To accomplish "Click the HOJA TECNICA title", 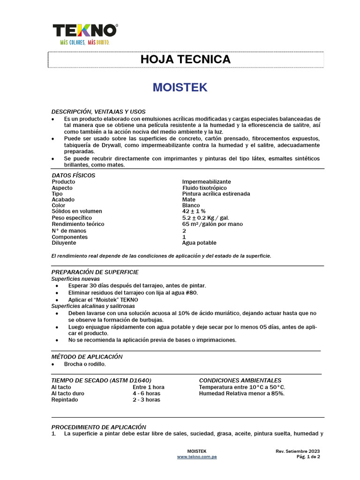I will (x=186, y=60).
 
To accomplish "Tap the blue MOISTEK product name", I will (x=180, y=88).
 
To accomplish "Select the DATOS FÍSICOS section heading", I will (x=74, y=175).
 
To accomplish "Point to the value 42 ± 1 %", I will (x=194, y=212).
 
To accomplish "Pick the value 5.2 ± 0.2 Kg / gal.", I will (x=205, y=218).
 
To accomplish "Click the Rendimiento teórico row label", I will (x=78, y=224).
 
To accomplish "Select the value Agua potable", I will (x=199, y=243).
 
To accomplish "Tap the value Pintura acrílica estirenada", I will (x=216, y=194).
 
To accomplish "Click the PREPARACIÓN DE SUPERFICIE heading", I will (x=95, y=272).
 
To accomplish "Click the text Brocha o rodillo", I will (x=87, y=364).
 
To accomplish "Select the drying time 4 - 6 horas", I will (x=146, y=394).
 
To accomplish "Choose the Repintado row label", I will (x=65, y=400).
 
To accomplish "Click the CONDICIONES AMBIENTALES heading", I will (x=240, y=381).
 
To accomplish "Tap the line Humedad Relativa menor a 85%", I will (x=241, y=394).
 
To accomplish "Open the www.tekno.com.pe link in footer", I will (x=196, y=457).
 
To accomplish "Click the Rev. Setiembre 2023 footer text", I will (x=298, y=451).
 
